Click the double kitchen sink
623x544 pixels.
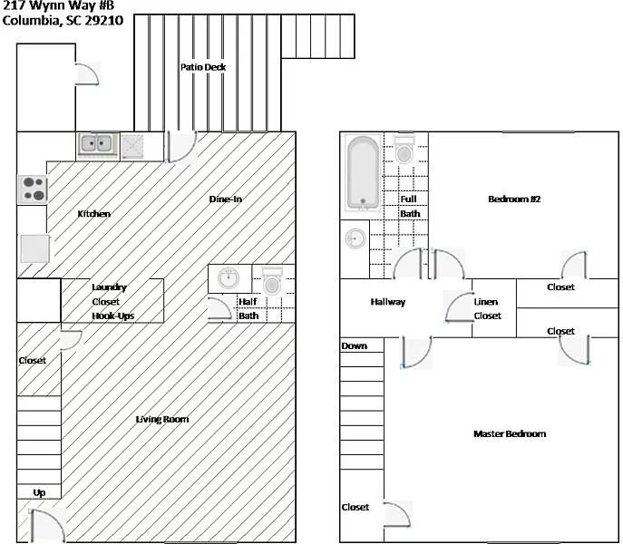tap(96, 143)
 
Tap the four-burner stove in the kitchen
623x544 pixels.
tap(34, 189)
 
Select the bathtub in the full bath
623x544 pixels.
tap(363, 172)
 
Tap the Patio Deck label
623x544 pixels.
tap(202, 67)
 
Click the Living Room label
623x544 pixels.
tap(162, 419)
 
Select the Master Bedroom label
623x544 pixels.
tap(510, 434)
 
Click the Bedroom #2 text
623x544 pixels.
tap(514, 199)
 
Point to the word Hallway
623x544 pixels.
tap(387, 302)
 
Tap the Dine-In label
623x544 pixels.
tap(225, 199)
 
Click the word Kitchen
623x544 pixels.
tap(94, 214)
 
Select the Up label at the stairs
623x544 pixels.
tap(39, 492)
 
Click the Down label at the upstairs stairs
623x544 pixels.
tap(354, 346)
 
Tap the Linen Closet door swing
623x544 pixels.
tap(459, 308)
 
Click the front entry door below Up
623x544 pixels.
tap(45, 525)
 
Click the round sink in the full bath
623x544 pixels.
tap(355, 239)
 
